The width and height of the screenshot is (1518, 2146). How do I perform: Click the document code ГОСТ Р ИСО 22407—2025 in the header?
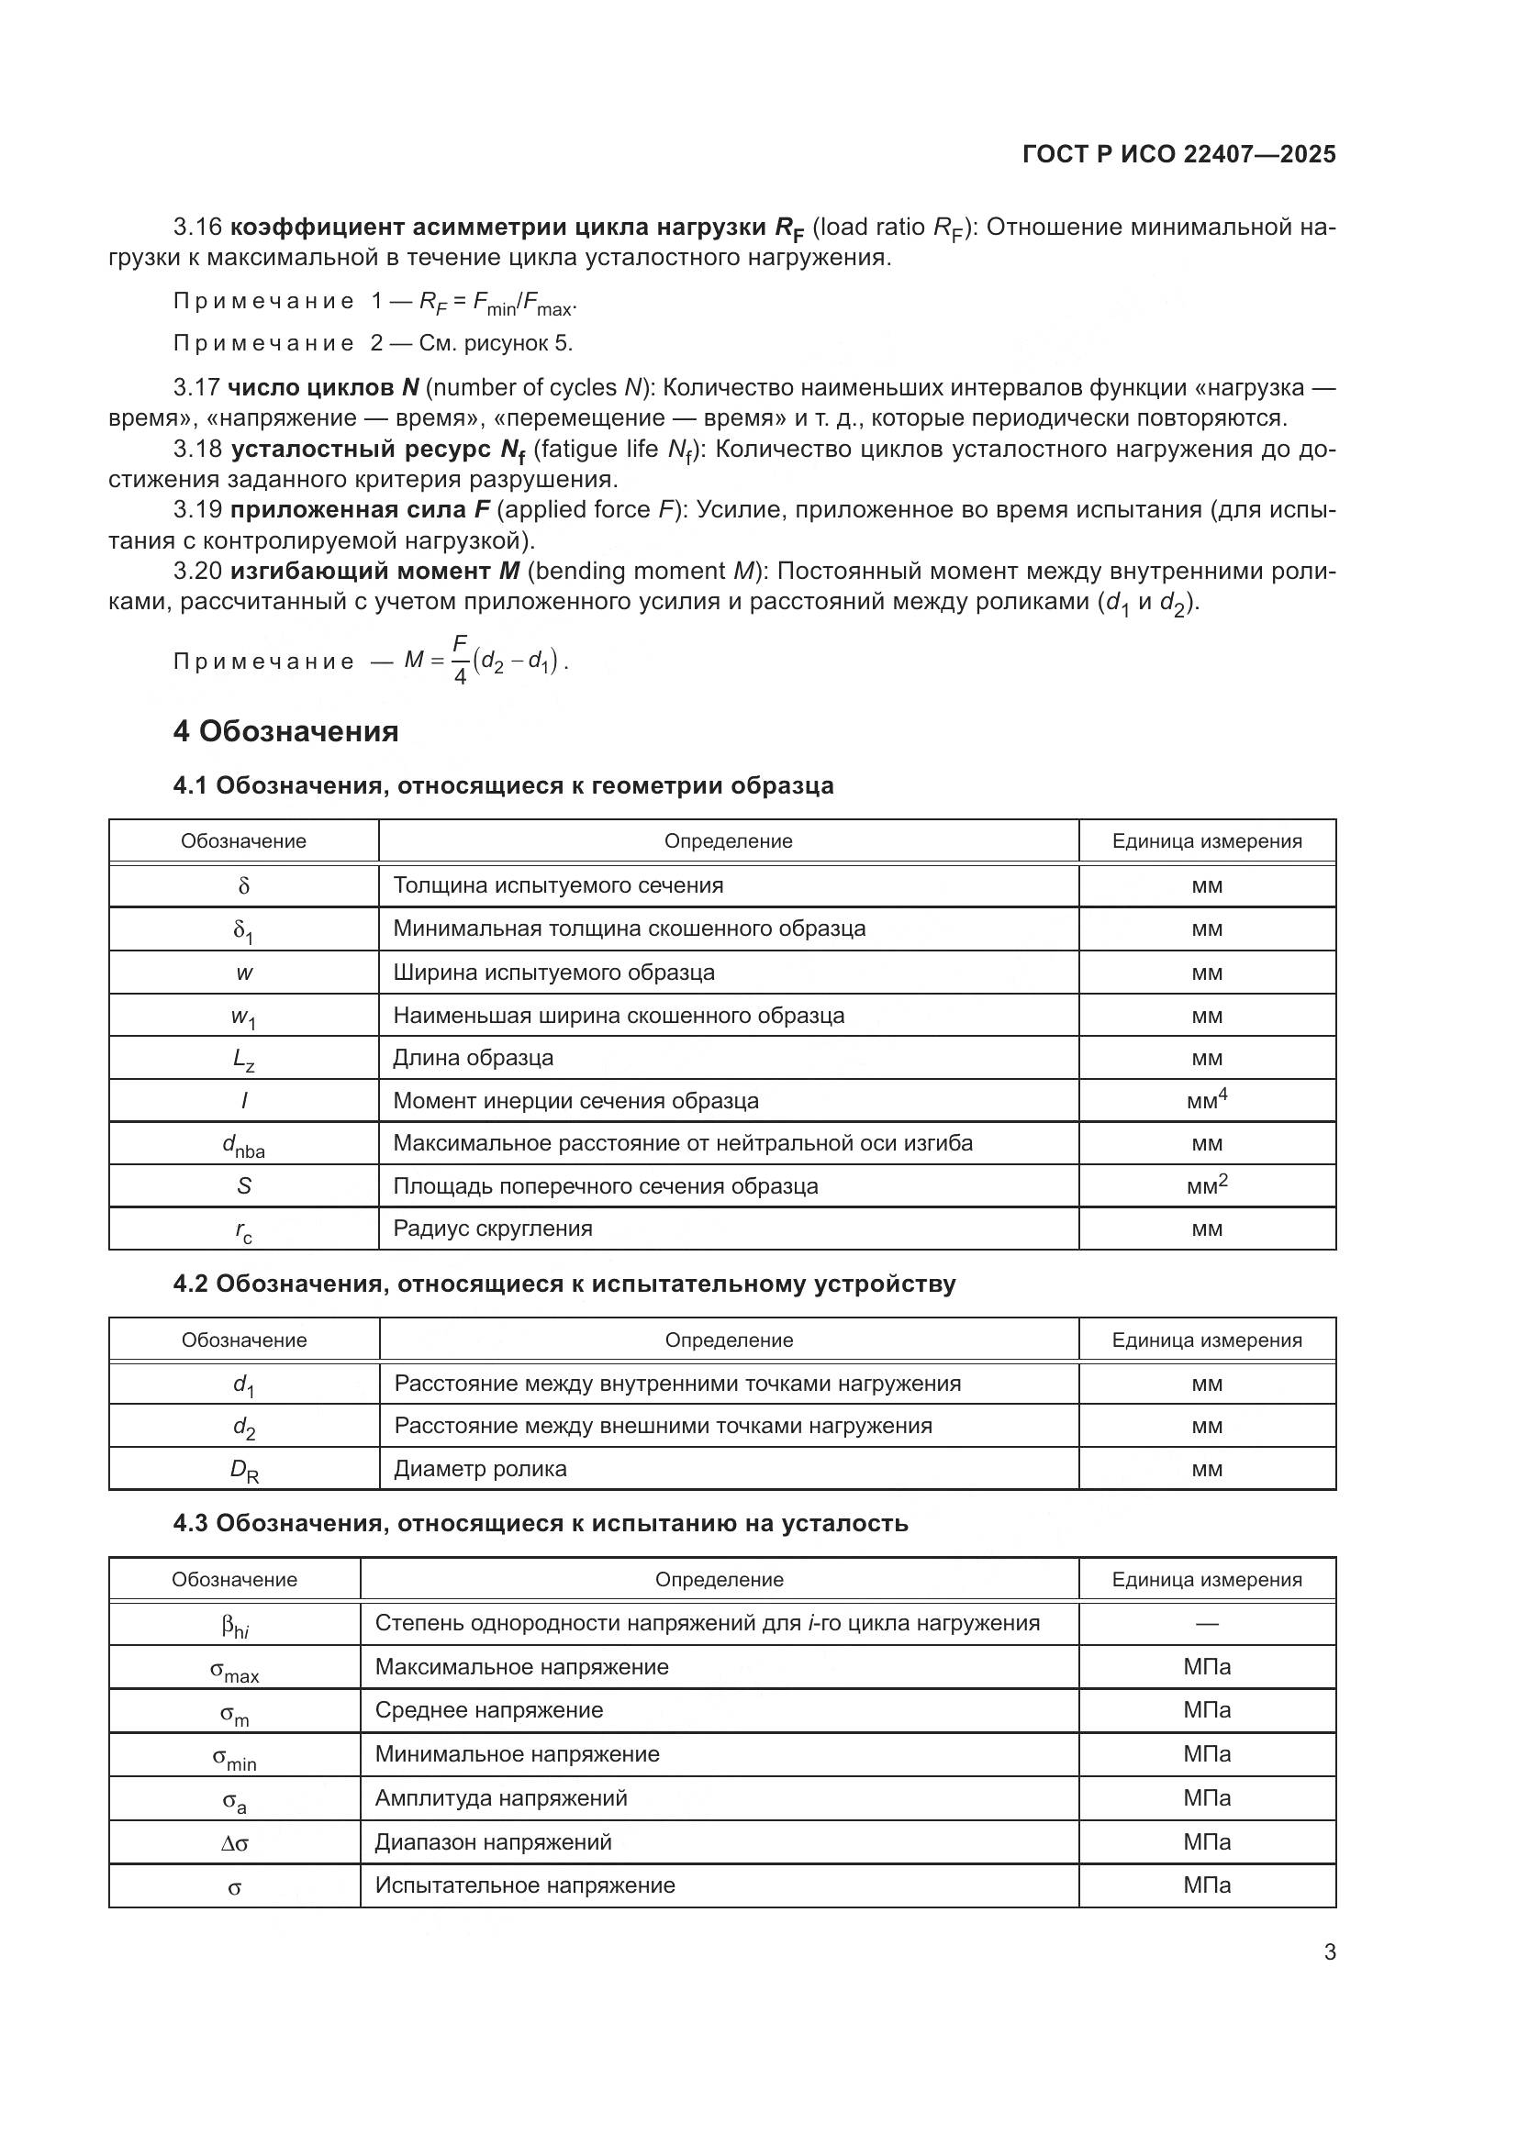click(x=1178, y=154)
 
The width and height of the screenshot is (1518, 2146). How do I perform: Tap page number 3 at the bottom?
click(x=1329, y=1951)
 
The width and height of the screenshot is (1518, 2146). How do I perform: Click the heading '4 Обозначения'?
click(x=285, y=731)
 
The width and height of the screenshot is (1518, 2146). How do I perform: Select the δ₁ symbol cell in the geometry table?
click(x=243, y=930)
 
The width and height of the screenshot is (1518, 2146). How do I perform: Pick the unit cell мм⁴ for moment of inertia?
click(x=1207, y=1100)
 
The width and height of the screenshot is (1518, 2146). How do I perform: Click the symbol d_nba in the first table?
click(x=243, y=1145)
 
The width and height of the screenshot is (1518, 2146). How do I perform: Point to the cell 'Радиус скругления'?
click(x=493, y=1229)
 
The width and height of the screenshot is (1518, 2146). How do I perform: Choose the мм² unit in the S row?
click(x=1207, y=1185)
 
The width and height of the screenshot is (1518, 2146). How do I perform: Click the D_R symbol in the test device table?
click(x=244, y=1469)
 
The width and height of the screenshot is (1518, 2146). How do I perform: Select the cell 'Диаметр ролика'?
click(x=479, y=1468)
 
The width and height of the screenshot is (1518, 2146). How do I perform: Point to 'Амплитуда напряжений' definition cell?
click(x=501, y=1798)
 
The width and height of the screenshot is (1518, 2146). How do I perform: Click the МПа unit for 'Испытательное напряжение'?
click(x=1207, y=1885)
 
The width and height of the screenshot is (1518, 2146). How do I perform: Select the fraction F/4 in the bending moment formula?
click(x=460, y=660)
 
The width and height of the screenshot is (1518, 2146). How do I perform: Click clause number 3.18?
click(x=197, y=450)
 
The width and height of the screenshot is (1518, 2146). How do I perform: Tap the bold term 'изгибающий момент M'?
click(x=374, y=571)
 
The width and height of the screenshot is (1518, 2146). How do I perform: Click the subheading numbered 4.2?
click(x=564, y=1284)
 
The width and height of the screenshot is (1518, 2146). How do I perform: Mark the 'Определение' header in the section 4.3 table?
click(x=719, y=1580)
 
